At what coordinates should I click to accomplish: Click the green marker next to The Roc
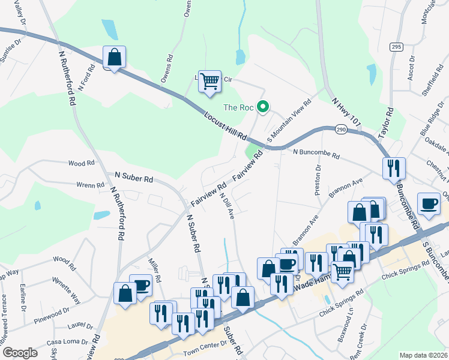pyautogui.click(x=262, y=107)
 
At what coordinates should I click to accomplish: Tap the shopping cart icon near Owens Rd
pyautogui.click(x=209, y=80)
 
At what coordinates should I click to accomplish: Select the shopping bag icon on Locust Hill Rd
pyautogui.click(x=114, y=58)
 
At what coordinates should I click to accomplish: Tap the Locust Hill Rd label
pyautogui.click(x=225, y=126)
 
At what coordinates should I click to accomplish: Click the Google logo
pyautogui.click(x=20, y=353)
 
